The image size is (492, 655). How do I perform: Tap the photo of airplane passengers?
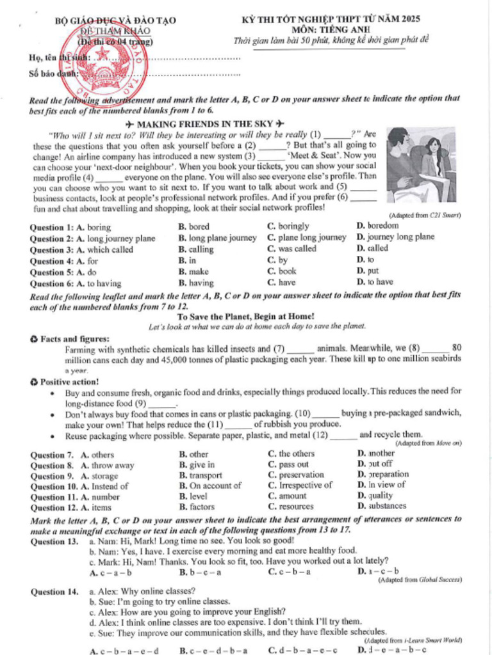tap(421, 164)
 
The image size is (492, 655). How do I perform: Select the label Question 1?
tap(52, 227)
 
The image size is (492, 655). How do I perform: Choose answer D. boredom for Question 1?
tap(377, 226)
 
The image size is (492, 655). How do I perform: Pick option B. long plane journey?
tap(217, 238)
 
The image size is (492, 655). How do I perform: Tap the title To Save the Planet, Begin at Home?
tap(245, 316)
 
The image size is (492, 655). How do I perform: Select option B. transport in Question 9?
tap(201, 476)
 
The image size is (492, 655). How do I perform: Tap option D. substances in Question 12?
tap(382, 506)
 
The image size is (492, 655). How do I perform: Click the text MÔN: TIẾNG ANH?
tap(331, 29)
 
